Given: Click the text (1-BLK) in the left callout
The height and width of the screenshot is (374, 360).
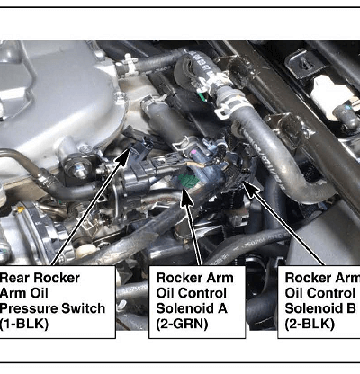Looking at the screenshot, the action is (24, 324).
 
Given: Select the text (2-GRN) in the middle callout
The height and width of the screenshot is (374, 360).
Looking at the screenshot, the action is (182, 324).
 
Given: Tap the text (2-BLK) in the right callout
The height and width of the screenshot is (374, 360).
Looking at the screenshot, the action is (310, 324).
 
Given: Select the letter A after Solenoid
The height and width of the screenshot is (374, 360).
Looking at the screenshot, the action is (222, 308).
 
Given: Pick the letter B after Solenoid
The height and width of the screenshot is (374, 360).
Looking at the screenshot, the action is (351, 308).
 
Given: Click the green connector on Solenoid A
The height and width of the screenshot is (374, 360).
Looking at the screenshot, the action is (188, 180).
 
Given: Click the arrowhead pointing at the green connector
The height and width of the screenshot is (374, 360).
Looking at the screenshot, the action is (186, 199).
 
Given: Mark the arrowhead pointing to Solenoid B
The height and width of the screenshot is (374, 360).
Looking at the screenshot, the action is (250, 188).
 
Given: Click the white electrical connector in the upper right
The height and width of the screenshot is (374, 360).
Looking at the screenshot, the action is (328, 93).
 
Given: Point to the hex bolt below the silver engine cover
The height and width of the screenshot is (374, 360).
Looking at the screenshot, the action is (78, 170).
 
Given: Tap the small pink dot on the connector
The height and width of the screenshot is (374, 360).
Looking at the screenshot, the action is (194, 153).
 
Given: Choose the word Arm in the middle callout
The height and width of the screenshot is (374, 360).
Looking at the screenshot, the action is (216, 278).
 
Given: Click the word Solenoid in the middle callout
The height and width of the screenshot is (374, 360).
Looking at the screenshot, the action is (184, 308).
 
